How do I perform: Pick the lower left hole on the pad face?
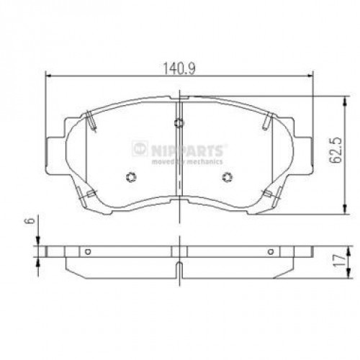131,178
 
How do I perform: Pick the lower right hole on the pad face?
227,178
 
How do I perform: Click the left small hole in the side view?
86,251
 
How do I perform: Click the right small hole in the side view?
271,251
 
